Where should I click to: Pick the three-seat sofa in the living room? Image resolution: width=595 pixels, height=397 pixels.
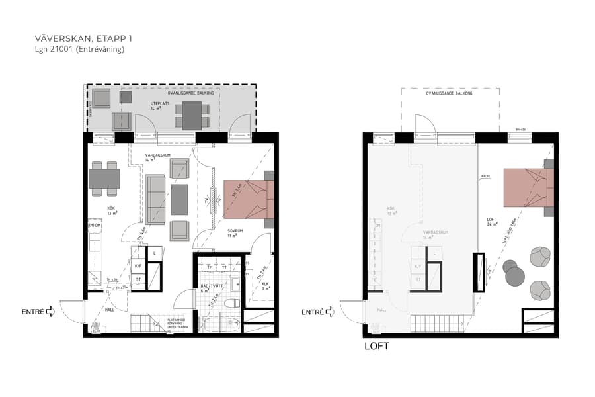(x=155, y=199)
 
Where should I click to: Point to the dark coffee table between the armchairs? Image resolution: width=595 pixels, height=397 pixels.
(x=179, y=199)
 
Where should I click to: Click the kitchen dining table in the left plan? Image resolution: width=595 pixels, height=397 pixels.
(x=104, y=179)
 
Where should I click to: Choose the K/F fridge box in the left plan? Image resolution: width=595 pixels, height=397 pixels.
(x=139, y=266)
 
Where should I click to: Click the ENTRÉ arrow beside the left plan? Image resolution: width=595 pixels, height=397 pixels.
(x=51, y=312)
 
